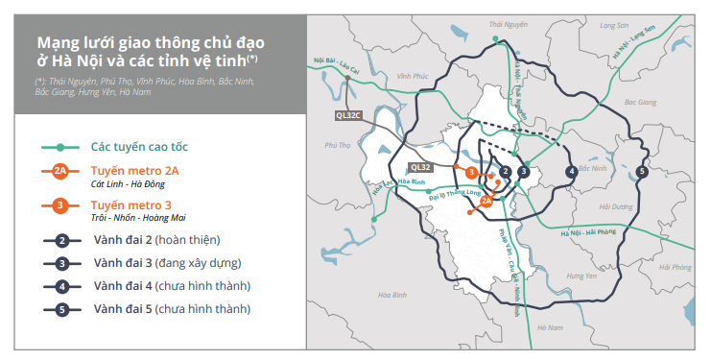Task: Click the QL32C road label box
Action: pyautogui.click(x=348, y=115)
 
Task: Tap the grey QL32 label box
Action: pyautogui.click(x=421, y=166)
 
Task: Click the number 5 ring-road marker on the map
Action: pyautogui.click(x=641, y=172)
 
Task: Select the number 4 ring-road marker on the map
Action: pyautogui.click(x=571, y=172)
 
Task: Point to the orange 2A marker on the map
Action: pyautogui.click(x=486, y=201)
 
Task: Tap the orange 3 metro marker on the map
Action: pyautogui.click(x=472, y=172)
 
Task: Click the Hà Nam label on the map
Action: pyautogui.click(x=550, y=327)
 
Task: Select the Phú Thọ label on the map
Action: pyautogui.click(x=338, y=146)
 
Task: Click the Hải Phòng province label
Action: pyautogui.click(x=677, y=267)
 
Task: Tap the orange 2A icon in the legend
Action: pyautogui.click(x=60, y=171)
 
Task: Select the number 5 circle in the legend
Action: pyautogui.click(x=60, y=309)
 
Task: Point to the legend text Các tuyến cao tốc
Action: pyautogui.click(x=139, y=147)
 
